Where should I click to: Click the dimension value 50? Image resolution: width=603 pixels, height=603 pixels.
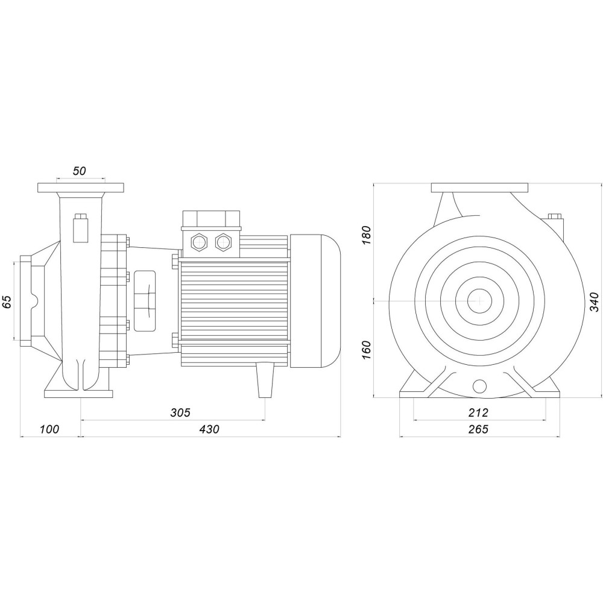point(79,171)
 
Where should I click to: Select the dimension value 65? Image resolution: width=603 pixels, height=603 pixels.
point(8,301)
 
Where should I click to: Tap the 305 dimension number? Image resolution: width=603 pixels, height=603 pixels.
point(180,412)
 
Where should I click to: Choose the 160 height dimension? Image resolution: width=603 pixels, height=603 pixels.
point(365,350)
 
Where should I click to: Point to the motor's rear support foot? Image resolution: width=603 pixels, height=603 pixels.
point(265,379)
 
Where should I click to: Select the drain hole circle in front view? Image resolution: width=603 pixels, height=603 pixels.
point(479,386)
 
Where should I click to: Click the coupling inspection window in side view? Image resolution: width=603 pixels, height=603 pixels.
point(144,300)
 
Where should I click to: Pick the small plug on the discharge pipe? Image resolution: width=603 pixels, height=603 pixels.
point(80,227)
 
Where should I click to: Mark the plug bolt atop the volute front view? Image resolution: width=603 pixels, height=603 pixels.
point(555,216)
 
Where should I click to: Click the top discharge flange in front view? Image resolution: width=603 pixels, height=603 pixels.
point(480,188)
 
